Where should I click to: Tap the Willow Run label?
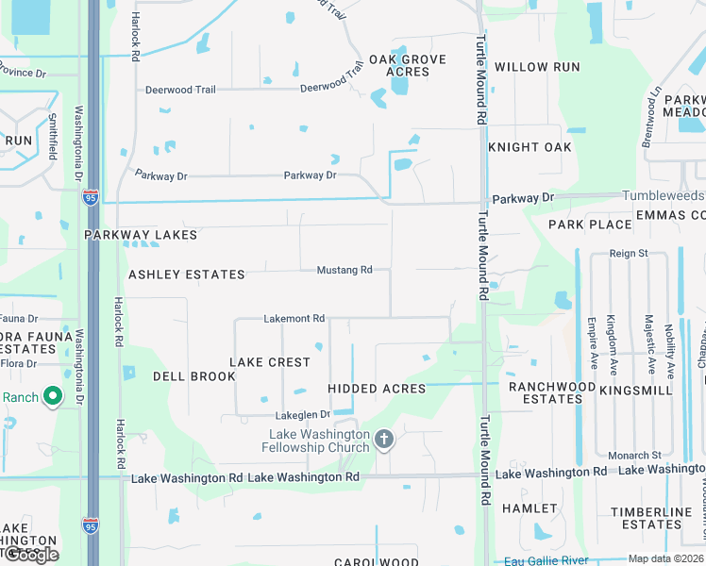[537, 68]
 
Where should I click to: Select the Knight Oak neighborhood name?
[530, 147]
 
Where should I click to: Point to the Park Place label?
[590, 225]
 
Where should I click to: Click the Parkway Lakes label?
[141, 235]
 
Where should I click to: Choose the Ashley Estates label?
[187, 275]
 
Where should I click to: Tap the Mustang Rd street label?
[344, 271]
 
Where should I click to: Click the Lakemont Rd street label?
[294, 319]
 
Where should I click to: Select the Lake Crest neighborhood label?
[270, 362]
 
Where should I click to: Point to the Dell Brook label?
[194, 376]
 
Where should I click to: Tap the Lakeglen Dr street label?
[302, 414]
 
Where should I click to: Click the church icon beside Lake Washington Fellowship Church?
[383, 439]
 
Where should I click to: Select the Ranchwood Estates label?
[552, 392]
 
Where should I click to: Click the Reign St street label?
[629, 254]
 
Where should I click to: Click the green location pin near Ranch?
[53, 397]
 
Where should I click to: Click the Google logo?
[31, 555]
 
